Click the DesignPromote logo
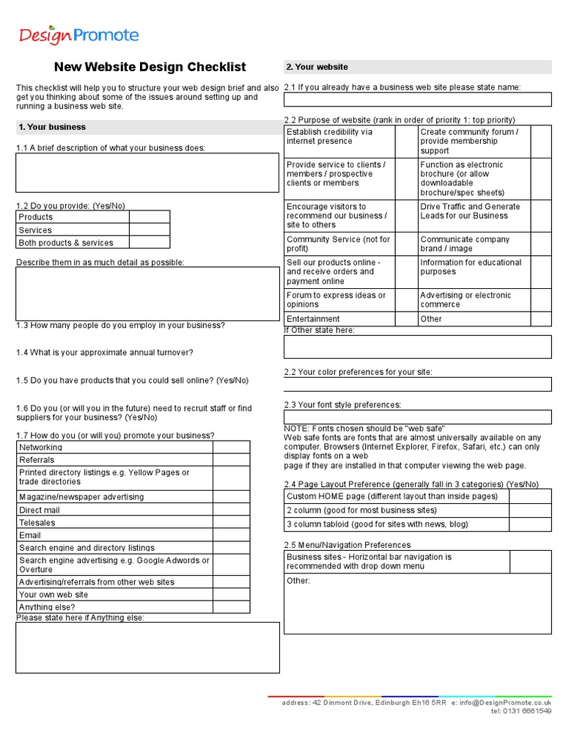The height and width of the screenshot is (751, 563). (x=78, y=34)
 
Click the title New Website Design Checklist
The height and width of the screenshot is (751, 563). (x=150, y=67)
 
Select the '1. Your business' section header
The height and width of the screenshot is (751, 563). (x=52, y=127)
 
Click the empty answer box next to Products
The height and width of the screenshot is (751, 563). (x=150, y=217)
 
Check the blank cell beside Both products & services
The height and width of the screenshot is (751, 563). (x=150, y=242)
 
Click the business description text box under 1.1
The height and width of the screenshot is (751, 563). (x=147, y=172)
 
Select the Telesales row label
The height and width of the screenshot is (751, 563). (x=37, y=523)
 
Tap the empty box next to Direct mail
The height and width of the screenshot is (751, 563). (x=231, y=510)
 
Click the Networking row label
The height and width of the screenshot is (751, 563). (x=40, y=447)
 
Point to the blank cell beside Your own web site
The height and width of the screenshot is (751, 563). (x=231, y=595)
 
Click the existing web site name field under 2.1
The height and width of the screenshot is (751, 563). (x=417, y=100)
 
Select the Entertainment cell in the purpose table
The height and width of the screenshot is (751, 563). (x=314, y=319)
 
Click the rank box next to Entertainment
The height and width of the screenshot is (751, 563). (x=405, y=319)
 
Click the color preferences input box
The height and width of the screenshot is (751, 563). (x=417, y=384)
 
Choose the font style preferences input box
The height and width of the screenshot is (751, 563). (x=417, y=417)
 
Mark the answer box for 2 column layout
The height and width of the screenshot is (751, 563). (x=529, y=510)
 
